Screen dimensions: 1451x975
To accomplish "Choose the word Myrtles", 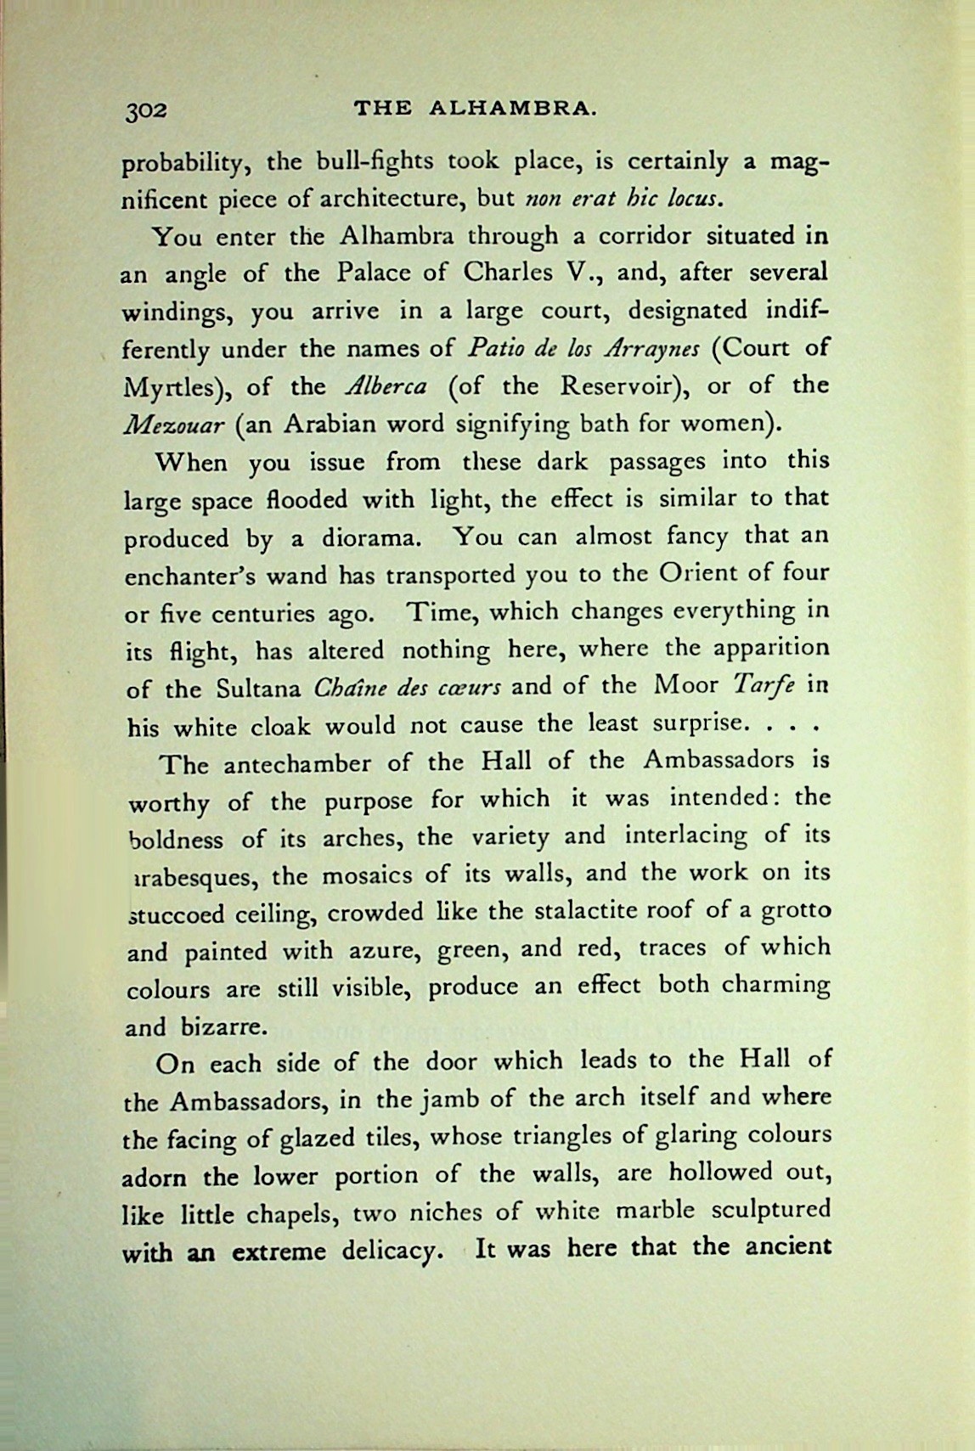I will pos(179,389).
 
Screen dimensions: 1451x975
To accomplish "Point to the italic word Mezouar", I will pos(173,425).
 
